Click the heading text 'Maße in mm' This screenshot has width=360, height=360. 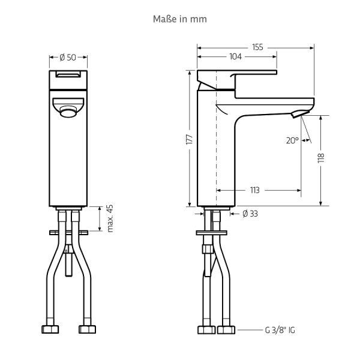(180, 19)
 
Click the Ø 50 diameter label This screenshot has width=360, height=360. (68, 58)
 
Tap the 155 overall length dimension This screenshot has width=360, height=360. (257, 46)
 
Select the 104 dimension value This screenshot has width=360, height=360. (235, 57)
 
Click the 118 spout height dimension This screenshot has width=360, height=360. (321, 158)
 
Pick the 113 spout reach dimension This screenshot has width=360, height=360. (254, 190)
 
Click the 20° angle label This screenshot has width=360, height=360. (292, 140)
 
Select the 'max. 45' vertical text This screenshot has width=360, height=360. (110, 218)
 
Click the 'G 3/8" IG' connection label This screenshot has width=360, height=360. (280, 331)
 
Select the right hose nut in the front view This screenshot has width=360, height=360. (88, 330)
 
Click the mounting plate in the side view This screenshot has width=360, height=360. (211, 232)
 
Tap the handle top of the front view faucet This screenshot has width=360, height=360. (68, 75)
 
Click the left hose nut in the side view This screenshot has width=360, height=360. (205, 330)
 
